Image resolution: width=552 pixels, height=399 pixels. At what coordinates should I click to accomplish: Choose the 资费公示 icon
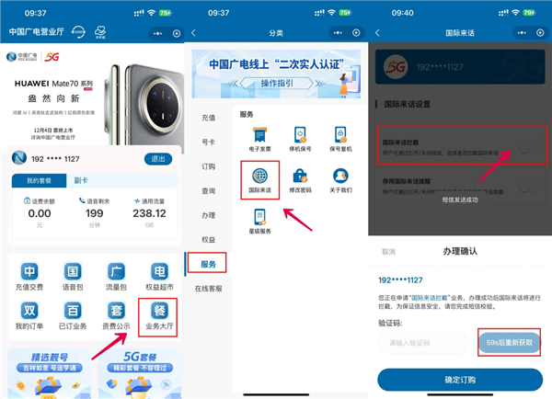(x=116, y=320)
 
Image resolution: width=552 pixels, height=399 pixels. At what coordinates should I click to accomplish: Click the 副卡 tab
(x=81, y=181)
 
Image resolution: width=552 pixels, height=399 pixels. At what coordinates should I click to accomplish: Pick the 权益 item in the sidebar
(x=209, y=239)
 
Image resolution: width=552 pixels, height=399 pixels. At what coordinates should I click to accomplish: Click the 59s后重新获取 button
(x=509, y=342)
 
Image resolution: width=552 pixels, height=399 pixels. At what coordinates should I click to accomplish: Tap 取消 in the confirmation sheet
(x=388, y=251)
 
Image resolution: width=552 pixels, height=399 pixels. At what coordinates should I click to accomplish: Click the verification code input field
(x=423, y=342)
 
